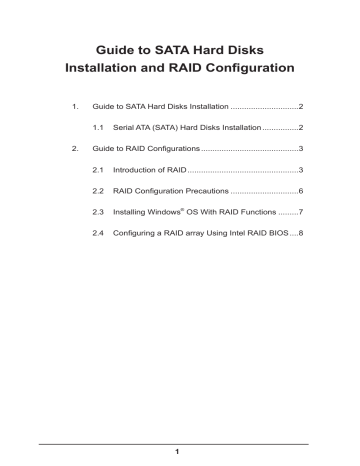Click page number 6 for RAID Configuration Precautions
300,191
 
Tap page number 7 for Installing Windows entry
300,212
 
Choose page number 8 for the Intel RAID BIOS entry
300,233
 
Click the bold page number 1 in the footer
180,452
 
